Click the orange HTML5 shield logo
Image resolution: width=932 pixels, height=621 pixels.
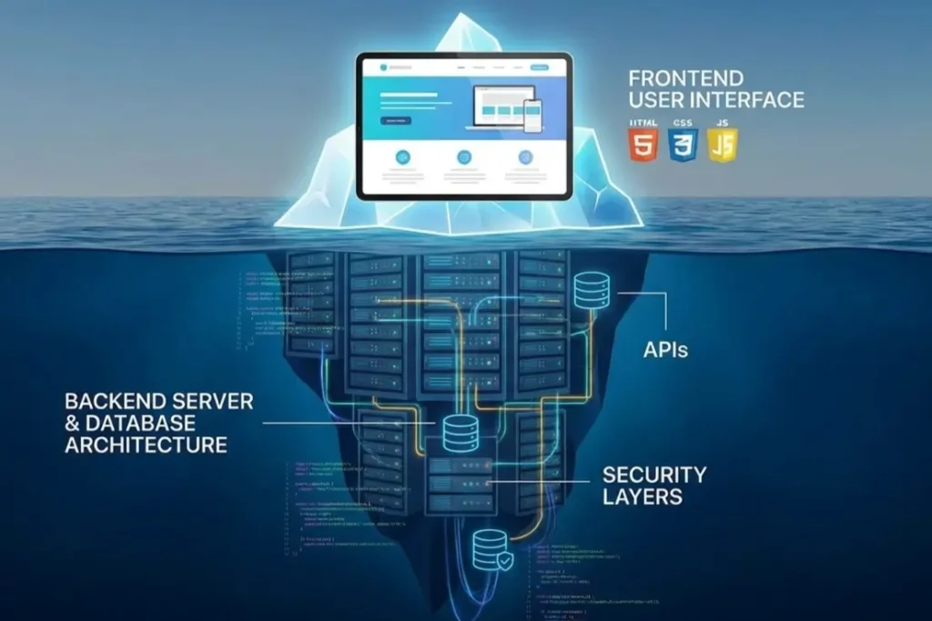coord(643,145)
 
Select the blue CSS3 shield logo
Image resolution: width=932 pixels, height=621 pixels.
coord(683,145)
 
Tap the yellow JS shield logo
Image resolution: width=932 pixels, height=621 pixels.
coord(724,145)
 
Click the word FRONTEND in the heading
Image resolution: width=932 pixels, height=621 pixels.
coord(684,77)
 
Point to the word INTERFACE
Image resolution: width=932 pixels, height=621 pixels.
coord(749,99)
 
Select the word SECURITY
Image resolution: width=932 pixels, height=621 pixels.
coord(653,474)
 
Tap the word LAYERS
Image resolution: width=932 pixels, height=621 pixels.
coord(642,496)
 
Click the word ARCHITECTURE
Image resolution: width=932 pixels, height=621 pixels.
coord(146,446)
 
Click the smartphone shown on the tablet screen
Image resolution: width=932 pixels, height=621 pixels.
coord(532,115)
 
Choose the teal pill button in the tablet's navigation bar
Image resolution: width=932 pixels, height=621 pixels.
coord(540,67)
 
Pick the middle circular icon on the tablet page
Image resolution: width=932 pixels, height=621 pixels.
coord(464,156)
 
